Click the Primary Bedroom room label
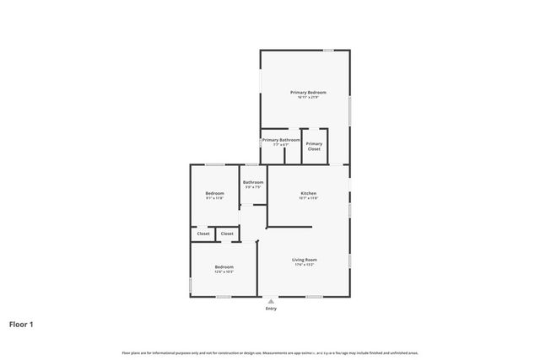(x=308, y=91)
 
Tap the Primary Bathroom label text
(x=280, y=140)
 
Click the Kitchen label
(x=308, y=193)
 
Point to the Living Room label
(x=305, y=260)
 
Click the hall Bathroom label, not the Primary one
(x=253, y=182)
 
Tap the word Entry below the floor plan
(x=271, y=309)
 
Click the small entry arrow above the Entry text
(x=271, y=301)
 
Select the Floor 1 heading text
(x=22, y=324)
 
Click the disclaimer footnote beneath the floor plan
(x=270, y=352)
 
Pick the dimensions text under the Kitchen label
(x=308, y=198)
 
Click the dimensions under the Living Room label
(x=305, y=265)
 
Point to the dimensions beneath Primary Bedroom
(x=308, y=96)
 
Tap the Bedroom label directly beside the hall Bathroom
(x=214, y=193)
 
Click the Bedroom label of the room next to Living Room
(x=223, y=266)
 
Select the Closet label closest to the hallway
(x=227, y=234)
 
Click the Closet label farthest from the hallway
(x=203, y=234)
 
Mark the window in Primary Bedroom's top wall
(x=328, y=51)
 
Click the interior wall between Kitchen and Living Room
(x=289, y=226)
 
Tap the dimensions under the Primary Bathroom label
(x=280, y=145)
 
